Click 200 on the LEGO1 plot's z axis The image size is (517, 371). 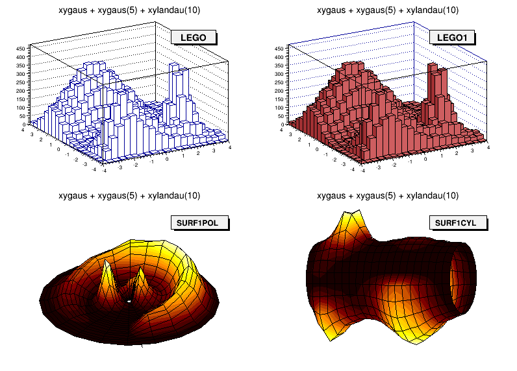[x=280, y=91]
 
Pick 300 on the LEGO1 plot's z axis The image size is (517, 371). [x=280, y=74]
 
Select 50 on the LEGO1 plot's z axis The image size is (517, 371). [x=280, y=116]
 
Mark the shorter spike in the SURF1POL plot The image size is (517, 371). [x=139, y=279]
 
